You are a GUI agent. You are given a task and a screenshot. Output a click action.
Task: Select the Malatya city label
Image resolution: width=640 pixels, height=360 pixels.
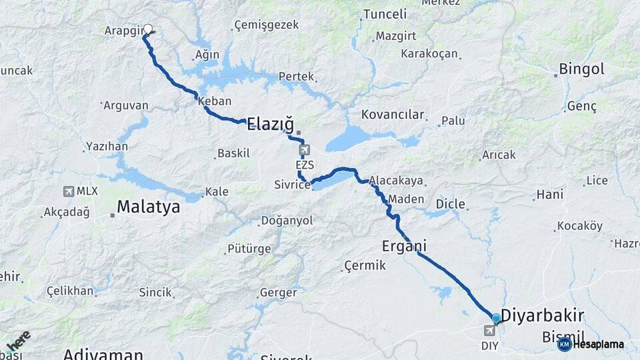tap(148, 207)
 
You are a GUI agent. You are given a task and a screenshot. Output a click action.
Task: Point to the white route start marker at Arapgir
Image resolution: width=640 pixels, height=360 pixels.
tap(148, 29)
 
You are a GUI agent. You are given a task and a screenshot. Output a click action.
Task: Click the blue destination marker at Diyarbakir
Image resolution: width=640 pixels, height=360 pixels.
tap(496, 319)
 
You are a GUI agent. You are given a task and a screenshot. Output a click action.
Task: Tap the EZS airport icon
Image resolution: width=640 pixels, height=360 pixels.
tap(305, 150)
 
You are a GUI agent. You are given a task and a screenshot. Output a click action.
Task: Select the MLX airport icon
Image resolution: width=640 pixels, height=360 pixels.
tap(69, 191)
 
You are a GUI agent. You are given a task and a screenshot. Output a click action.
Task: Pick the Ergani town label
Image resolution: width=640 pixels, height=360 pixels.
tap(404, 246)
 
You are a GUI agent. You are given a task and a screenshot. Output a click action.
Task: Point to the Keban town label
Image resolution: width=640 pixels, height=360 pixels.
tap(214, 101)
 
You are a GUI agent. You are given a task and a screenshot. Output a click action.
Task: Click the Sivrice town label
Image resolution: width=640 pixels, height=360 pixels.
tap(292, 185)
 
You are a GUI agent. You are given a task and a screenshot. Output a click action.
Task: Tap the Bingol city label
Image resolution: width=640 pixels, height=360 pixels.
tap(581, 69)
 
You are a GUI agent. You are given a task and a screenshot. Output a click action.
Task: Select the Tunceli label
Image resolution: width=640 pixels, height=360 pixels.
tap(385, 14)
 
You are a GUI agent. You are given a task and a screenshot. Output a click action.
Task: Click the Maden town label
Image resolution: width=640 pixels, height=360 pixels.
tap(405, 199)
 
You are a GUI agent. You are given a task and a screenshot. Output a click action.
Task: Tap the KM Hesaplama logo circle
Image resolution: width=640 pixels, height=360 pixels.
tap(564, 344)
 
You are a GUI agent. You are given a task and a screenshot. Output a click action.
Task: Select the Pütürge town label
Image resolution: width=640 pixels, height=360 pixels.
tap(249, 249)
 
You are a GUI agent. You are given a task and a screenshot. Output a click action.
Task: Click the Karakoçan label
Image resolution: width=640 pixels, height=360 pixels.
tap(429, 53)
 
